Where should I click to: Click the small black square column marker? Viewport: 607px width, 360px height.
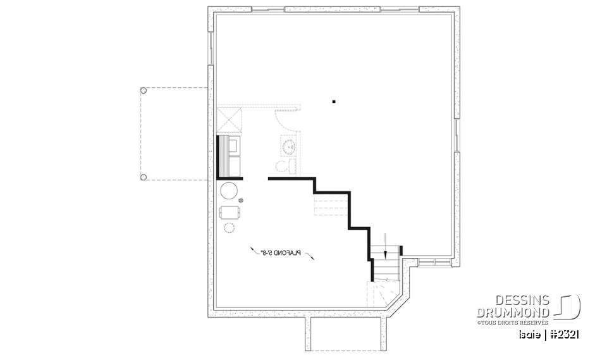[334, 101]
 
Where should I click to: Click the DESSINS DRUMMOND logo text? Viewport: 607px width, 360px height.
[513, 307]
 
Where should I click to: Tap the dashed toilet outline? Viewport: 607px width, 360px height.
[283, 166]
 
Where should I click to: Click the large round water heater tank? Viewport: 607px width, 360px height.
[228, 191]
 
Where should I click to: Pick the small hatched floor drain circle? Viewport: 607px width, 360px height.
[241, 201]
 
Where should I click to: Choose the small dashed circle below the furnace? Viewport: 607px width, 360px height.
[229, 227]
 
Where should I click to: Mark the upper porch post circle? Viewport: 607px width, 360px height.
[144, 91]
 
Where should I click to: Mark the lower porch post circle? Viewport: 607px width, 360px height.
[144, 177]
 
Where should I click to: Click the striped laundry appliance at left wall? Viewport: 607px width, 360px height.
[223, 156]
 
